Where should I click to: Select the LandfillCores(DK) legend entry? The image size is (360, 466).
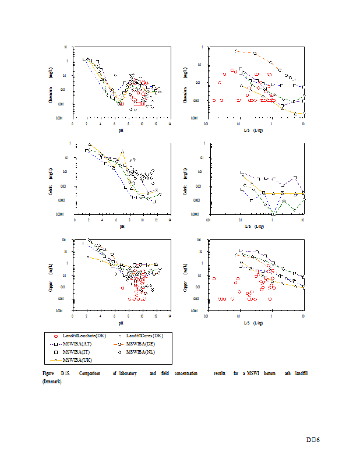pyautogui.click(x=146, y=336)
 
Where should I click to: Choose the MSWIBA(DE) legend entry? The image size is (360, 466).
pyautogui.click(x=143, y=344)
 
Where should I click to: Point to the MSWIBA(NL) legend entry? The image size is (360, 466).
pyautogui.click(x=143, y=352)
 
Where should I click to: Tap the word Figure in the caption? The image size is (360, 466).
pyautogui.click(x=47, y=372)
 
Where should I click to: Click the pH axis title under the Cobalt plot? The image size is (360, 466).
pyautogui.click(x=122, y=227)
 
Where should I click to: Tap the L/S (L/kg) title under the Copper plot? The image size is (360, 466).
pyautogui.click(x=254, y=323)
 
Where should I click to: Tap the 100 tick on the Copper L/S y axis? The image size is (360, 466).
pyautogui.click(x=199, y=239)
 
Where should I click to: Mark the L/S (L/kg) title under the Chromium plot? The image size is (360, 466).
pyautogui.click(x=254, y=130)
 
